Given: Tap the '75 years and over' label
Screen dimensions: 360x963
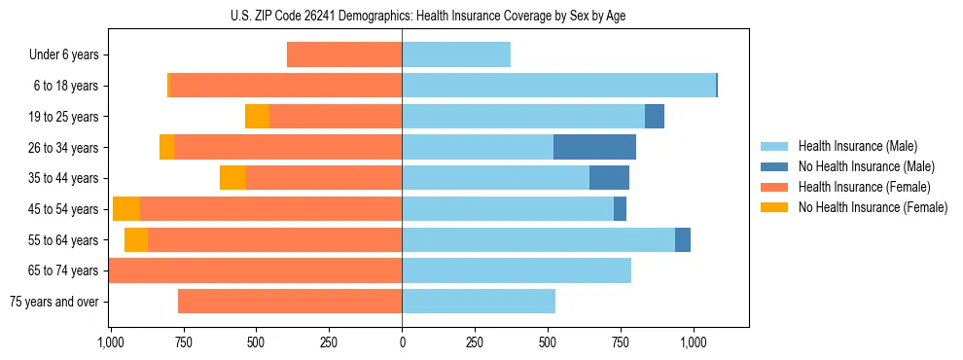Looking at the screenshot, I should pyautogui.click(x=54, y=302).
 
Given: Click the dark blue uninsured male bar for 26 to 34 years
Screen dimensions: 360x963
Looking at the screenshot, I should pyautogui.click(x=594, y=147).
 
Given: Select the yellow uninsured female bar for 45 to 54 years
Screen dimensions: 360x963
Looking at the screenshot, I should pyautogui.click(x=126, y=209).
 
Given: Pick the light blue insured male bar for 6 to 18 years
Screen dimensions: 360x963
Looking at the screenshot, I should pyautogui.click(x=558, y=86).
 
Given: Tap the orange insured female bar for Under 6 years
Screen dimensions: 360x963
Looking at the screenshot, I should pyautogui.click(x=344, y=54).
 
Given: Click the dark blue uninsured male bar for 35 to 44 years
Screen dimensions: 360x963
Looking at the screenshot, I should pyautogui.click(x=609, y=178).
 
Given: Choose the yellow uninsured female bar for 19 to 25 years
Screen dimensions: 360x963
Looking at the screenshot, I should pyautogui.click(x=257, y=117).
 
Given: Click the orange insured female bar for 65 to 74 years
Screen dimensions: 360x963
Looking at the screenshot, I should pyautogui.click(x=255, y=270).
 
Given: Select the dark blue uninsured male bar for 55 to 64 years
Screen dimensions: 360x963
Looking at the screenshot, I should pyautogui.click(x=683, y=239).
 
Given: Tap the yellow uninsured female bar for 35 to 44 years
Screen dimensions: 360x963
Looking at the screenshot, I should pyautogui.click(x=232, y=178).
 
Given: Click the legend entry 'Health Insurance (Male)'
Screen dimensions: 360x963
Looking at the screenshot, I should pyautogui.click(x=857, y=146).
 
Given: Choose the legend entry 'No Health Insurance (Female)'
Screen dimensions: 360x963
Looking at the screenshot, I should pyautogui.click(x=873, y=207).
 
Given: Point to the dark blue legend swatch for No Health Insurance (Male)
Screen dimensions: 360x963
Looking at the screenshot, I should pyautogui.click(x=774, y=166).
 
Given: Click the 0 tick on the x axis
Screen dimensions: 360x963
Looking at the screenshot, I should pyautogui.click(x=402, y=342).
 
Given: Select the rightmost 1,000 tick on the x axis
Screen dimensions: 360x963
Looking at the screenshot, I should pyautogui.click(x=694, y=342).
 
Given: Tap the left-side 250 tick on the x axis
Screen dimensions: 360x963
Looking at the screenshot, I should pyautogui.click(x=329, y=342).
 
